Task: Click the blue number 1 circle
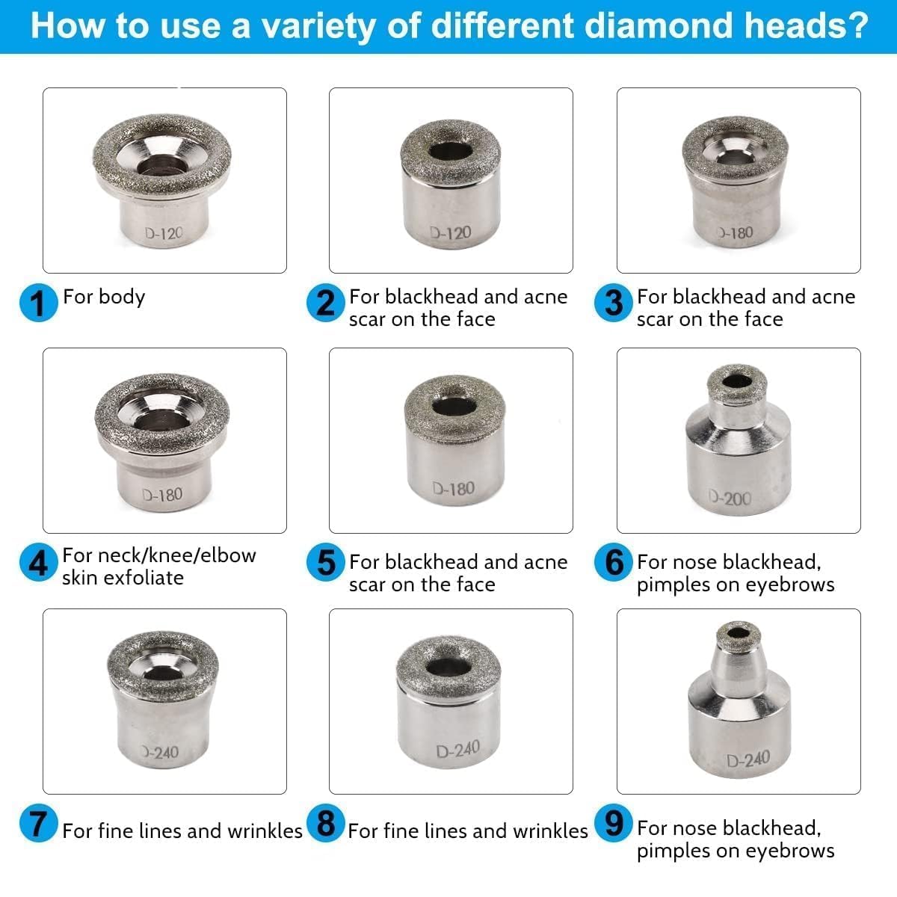pyautogui.click(x=37, y=303)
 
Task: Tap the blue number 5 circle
pyautogui.click(x=326, y=563)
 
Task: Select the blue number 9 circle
pyautogui.click(x=614, y=823)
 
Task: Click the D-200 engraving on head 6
pyautogui.click(x=730, y=498)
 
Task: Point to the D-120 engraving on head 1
pyautogui.click(x=164, y=234)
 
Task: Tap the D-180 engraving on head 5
pyautogui.click(x=453, y=489)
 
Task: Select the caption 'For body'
pyautogui.click(x=104, y=297)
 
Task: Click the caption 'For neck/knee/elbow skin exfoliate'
pyautogui.click(x=158, y=566)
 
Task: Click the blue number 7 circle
pyautogui.click(x=38, y=824)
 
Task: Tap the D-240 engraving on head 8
pyautogui.click(x=457, y=749)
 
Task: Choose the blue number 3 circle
pyautogui.click(x=614, y=303)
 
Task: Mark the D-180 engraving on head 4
pyautogui.click(x=162, y=494)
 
